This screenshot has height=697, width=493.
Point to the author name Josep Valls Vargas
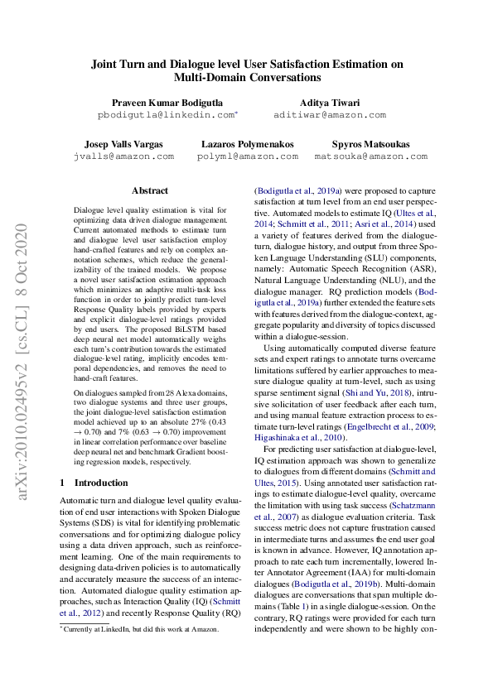coord(123,143)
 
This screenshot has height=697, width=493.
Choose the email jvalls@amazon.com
coord(123,156)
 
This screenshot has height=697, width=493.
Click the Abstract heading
coord(149,190)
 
